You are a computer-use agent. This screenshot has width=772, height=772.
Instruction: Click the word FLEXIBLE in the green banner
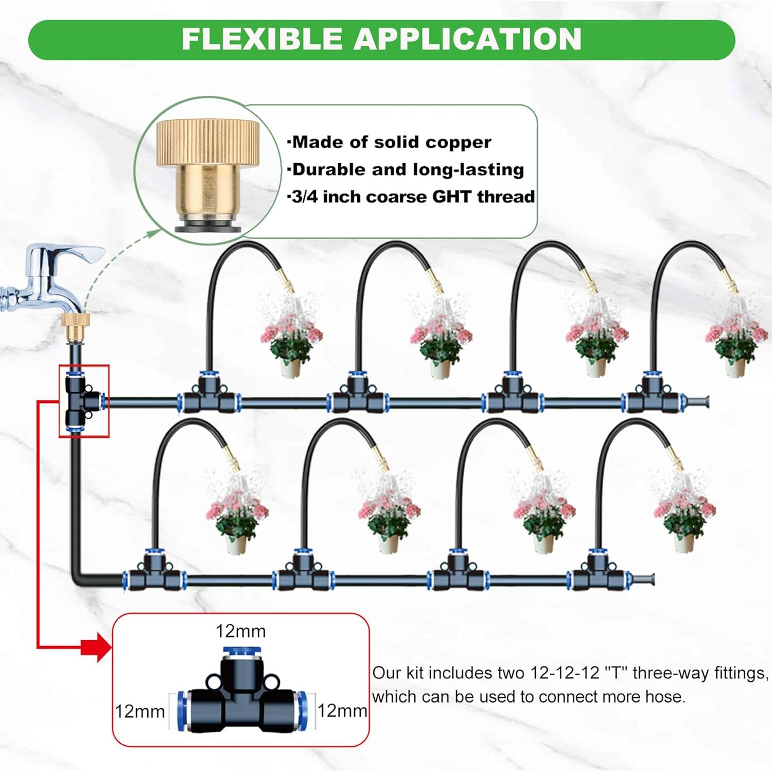(x=262, y=39)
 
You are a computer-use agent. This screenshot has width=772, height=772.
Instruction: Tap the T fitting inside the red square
(x=82, y=400)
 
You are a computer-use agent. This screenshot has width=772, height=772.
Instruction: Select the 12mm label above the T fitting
(x=240, y=631)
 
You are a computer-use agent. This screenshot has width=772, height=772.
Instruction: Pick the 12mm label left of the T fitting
(x=139, y=711)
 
